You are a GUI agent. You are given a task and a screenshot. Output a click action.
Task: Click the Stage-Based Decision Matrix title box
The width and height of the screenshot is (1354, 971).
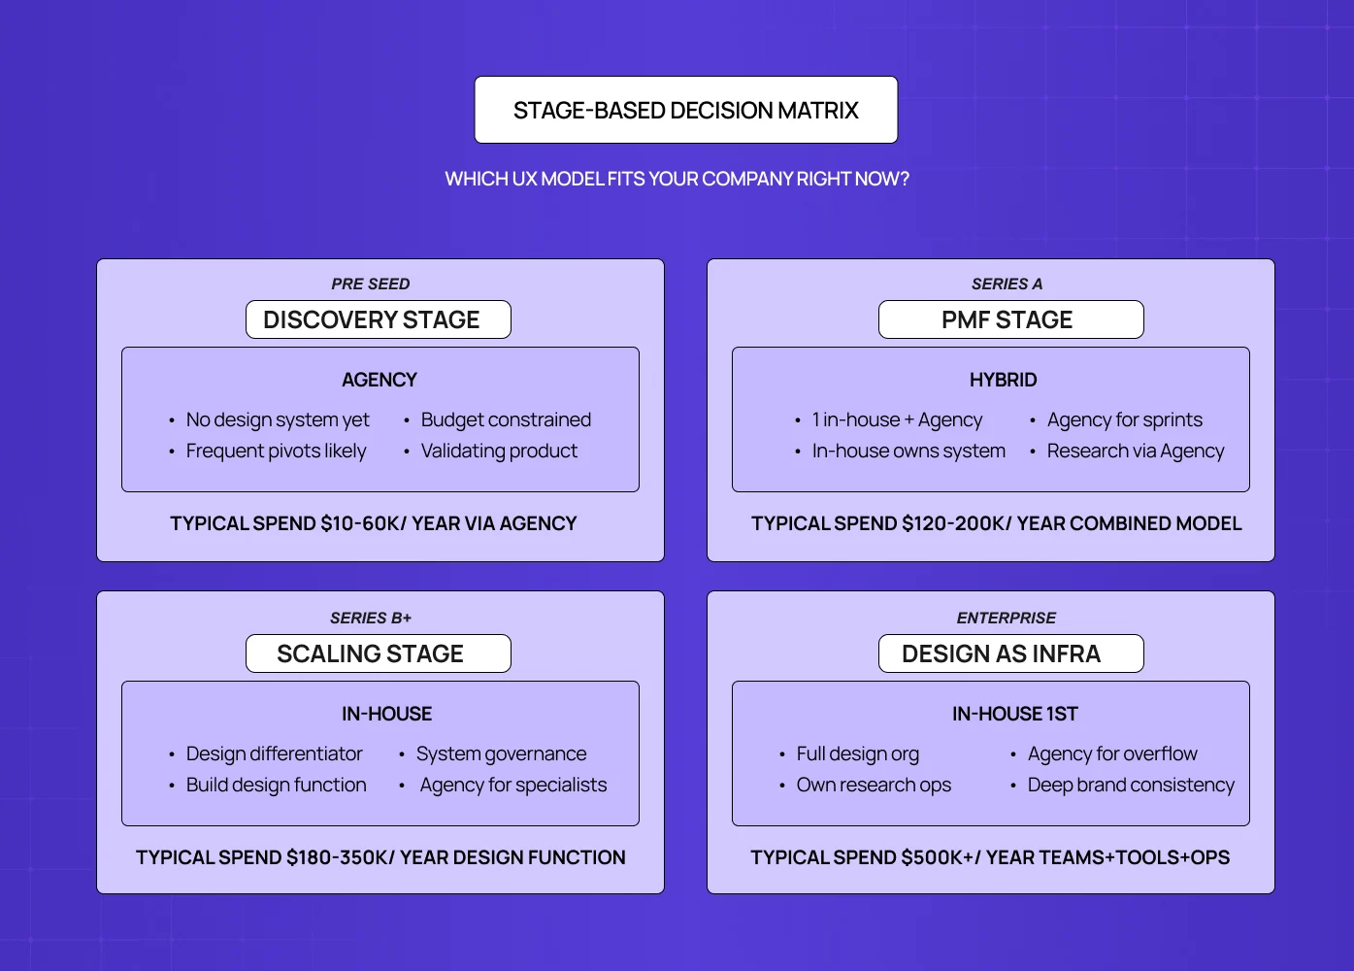[685, 110]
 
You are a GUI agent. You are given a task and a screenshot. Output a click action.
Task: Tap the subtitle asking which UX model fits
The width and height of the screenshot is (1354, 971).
[677, 179]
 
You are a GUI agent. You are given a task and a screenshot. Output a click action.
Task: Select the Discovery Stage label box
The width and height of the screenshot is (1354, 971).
[378, 319]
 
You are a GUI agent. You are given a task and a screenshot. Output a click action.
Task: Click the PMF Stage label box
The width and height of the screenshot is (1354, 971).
[1010, 319]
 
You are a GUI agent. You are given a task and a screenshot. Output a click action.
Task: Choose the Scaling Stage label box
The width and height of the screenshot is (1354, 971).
[378, 653]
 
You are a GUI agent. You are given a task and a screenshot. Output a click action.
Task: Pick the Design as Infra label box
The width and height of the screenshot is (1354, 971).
[1010, 653]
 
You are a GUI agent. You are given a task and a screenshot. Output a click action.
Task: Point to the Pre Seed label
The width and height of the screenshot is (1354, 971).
[370, 284]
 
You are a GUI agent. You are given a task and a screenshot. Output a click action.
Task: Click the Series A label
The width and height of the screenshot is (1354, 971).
[1007, 284]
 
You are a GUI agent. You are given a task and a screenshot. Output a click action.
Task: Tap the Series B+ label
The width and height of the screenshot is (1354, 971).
[370, 618]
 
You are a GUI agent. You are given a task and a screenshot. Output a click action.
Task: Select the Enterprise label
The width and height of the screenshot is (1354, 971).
[1006, 618]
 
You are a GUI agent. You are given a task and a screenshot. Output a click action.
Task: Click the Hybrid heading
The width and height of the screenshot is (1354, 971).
[1003, 380]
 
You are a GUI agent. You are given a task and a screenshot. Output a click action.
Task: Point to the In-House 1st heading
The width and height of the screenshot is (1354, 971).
[1014, 714]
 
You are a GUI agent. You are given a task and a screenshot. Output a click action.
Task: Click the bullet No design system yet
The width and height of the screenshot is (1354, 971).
[278, 419]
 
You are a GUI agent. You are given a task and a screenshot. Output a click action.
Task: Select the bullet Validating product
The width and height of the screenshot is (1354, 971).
[499, 451]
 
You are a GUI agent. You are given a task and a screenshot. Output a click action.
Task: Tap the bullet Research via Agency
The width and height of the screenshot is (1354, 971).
[1136, 451]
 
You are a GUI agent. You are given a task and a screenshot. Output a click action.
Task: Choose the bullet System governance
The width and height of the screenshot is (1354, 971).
[501, 753]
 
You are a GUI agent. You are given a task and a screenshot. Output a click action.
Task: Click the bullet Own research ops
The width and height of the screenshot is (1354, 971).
[874, 785]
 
